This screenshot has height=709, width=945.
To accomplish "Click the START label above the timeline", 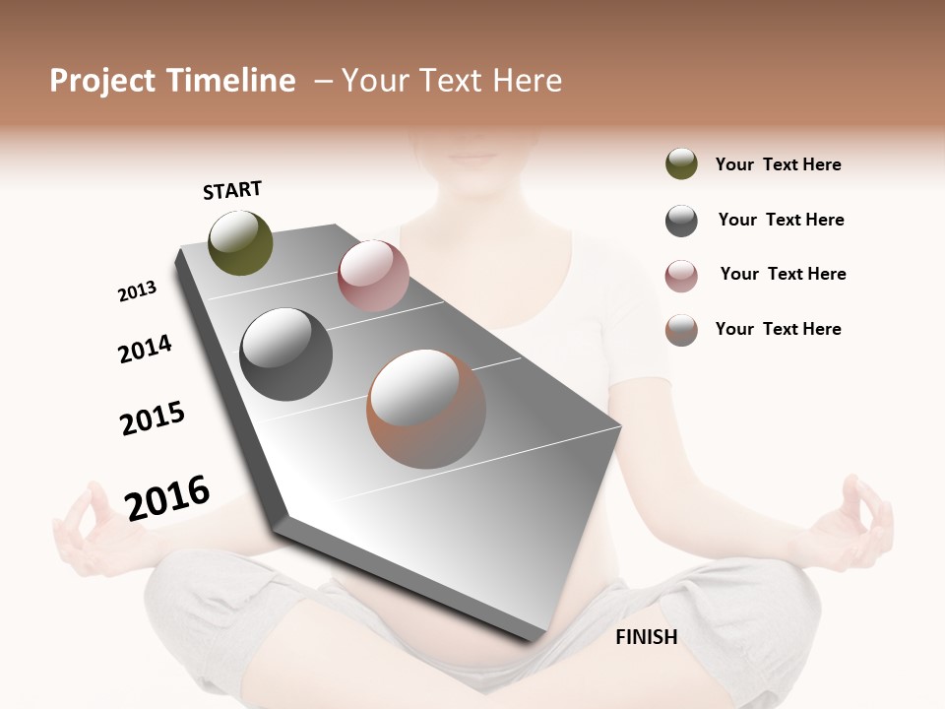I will click(232, 189).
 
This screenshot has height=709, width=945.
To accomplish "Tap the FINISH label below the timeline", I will click(646, 637).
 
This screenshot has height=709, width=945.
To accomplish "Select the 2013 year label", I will click(137, 291).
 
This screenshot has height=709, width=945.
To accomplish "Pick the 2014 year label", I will click(145, 349).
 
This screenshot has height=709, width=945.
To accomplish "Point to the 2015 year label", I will click(153, 419).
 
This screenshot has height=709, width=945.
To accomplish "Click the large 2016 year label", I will click(167, 497).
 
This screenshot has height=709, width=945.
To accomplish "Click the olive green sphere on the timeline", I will click(240, 242).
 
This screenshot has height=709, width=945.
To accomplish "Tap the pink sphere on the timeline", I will click(373, 276).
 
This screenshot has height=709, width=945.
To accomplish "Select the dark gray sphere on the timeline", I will click(286, 354).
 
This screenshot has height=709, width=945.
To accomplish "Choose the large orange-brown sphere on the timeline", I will click(426, 409).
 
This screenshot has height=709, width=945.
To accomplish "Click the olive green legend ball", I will click(681, 164).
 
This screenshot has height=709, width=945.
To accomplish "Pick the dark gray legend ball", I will click(681, 221).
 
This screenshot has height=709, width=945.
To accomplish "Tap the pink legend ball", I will click(681, 276).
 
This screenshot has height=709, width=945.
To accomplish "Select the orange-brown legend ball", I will click(681, 330).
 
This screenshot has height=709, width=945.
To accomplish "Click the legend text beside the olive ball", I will click(778, 164).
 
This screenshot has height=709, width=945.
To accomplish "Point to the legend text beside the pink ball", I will click(783, 274).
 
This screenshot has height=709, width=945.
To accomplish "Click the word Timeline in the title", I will click(232, 81).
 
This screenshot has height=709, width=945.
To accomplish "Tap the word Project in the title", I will click(101, 81).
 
